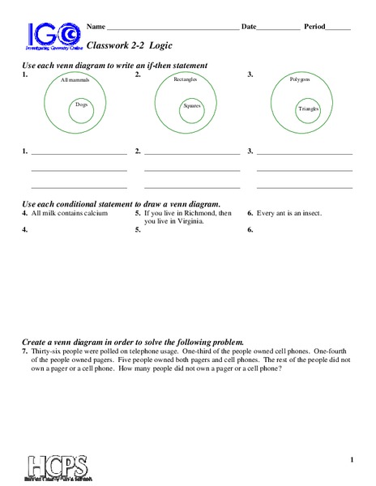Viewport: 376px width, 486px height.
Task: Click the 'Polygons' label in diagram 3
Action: [301, 80]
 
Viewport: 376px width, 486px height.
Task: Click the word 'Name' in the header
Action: [96, 27]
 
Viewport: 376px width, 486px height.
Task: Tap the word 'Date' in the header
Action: [249, 27]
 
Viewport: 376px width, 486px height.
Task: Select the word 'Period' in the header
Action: [314, 27]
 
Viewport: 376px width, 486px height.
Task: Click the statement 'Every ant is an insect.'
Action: [289, 213]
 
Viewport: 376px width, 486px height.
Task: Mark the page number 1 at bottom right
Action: [352, 438]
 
